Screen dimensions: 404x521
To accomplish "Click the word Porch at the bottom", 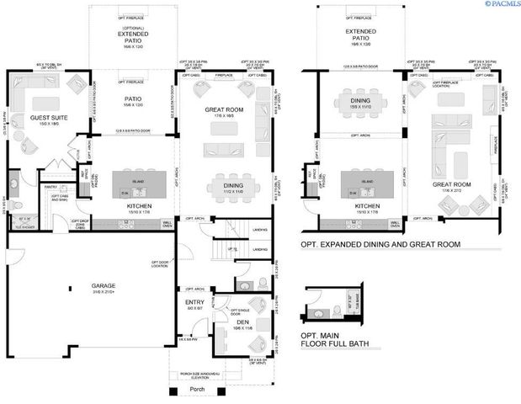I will (x=199, y=389).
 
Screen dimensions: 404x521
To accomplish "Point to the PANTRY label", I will (x=50, y=188).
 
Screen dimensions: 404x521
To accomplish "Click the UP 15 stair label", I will (x=237, y=250).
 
